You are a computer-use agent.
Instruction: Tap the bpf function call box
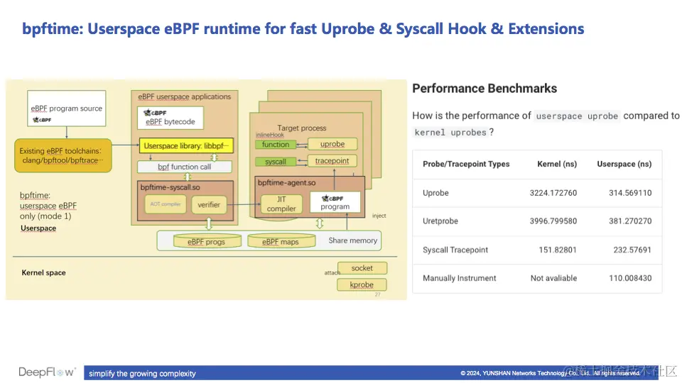coord(185,167)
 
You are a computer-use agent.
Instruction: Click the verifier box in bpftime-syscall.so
coord(208,204)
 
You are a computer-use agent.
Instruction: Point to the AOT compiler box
coord(166,204)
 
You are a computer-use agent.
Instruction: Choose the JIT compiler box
coord(281,204)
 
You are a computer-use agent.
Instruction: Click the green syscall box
coord(276,162)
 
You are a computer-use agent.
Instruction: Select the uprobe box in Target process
coord(332,144)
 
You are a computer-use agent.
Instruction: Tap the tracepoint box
coord(332,161)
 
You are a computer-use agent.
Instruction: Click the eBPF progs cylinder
coord(206,242)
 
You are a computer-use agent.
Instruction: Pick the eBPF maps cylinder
coord(280,242)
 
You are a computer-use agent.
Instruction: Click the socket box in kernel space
coord(362,268)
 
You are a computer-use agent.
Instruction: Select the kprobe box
coord(362,284)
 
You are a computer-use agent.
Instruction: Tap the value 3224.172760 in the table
coord(553,193)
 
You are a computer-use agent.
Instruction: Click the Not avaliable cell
coord(553,278)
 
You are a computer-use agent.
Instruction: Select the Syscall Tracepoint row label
coord(455,250)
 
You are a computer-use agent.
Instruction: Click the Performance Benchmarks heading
coord(485,89)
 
